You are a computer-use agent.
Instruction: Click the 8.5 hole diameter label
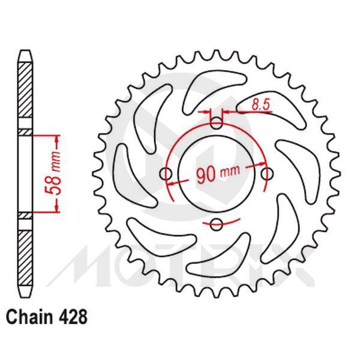260,104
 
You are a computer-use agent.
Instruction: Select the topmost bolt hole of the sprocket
217,124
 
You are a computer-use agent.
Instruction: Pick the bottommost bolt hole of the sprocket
217,225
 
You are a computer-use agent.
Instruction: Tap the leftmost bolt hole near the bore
166,174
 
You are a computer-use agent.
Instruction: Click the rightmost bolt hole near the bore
267,174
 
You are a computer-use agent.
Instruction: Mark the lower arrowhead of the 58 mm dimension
58,208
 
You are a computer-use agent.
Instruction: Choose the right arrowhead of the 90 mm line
262,169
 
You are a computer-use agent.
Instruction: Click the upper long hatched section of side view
25,93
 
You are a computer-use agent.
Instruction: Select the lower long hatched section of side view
25,255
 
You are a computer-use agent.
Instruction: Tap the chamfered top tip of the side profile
25,54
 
